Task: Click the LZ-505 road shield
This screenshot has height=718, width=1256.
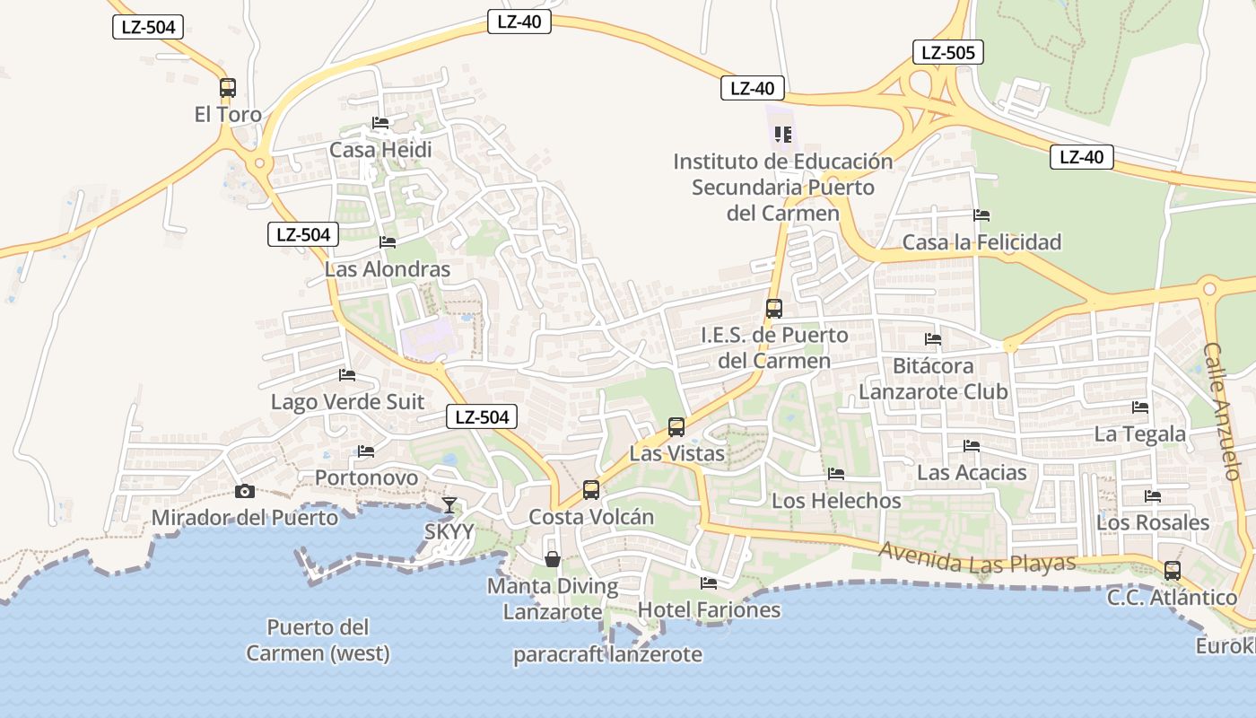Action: tap(948, 52)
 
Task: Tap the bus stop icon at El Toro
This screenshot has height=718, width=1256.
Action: tap(228, 88)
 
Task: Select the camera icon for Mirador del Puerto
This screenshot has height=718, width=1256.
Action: tap(244, 491)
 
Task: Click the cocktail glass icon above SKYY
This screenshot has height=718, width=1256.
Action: tap(449, 505)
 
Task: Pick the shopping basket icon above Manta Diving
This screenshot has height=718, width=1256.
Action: tap(553, 559)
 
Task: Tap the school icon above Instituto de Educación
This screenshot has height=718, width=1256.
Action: tap(783, 135)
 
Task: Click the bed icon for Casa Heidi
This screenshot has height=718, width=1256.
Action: tap(380, 123)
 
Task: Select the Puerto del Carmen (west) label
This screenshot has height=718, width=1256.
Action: tap(318, 640)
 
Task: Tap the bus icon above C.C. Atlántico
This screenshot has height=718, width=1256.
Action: tap(1172, 570)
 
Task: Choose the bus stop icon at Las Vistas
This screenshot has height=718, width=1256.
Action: tap(676, 427)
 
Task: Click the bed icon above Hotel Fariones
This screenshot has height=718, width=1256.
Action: tap(709, 583)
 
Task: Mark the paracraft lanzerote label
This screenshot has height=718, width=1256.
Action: tap(607, 654)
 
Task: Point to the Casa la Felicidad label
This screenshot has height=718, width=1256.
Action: tap(981, 242)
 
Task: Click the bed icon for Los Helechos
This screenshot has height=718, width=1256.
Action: tap(836, 474)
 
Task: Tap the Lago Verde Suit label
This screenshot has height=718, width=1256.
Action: tap(348, 401)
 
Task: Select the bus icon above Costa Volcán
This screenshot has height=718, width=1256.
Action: tap(590, 490)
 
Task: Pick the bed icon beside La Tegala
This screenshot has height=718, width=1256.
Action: tap(1140, 407)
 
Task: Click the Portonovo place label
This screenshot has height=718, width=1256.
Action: tap(366, 477)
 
